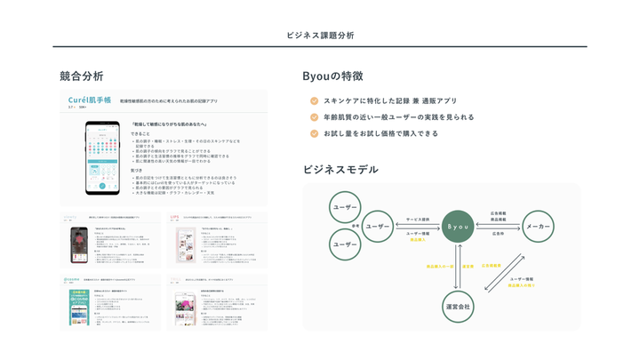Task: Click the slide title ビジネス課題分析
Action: click(320, 35)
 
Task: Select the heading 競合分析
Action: click(82, 76)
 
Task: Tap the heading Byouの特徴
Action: click(332, 76)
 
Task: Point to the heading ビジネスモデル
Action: click(340, 169)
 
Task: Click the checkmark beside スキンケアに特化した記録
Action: click(314, 101)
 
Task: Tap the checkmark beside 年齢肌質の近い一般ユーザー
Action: click(314, 117)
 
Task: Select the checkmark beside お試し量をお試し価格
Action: click(314, 133)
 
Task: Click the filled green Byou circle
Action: click(457, 227)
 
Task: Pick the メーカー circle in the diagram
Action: click(538, 227)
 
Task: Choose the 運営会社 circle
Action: click(457, 305)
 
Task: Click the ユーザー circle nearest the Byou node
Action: click(378, 227)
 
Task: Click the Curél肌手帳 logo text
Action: click(91, 100)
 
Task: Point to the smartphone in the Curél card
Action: click(102, 157)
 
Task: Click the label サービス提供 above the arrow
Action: click(418, 219)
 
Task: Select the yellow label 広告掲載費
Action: click(491, 266)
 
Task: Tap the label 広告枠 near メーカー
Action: click(498, 233)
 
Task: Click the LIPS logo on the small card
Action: click(175, 216)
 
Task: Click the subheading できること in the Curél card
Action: click(140, 134)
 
